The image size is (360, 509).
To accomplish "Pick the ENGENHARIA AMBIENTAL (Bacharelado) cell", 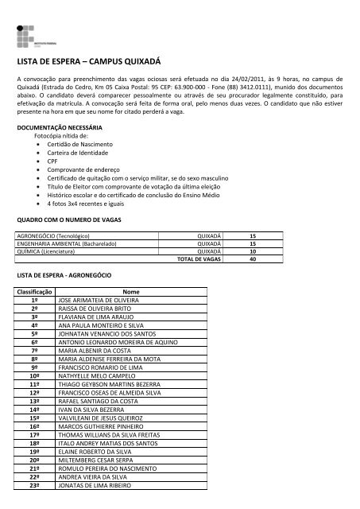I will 64,244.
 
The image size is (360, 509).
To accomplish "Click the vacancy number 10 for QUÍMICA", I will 252,251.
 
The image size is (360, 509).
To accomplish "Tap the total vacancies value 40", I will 252,259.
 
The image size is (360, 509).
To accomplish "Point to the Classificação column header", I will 35,292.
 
